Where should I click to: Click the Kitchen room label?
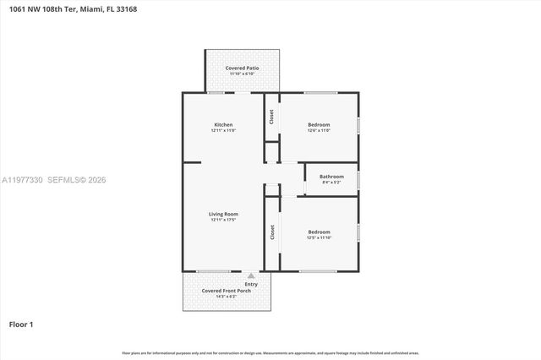pyautogui.click(x=223, y=124)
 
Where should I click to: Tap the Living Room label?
pyautogui.click(x=224, y=214)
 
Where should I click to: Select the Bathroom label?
pyautogui.click(x=331, y=177)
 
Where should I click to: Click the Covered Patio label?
pyautogui.click(x=242, y=68)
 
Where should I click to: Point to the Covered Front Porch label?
pyautogui.click(x=220, y=291)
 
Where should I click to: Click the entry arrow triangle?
pyautogui.click(x=251, y=275)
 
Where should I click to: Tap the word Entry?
pyautogui.click(x=251, y=284)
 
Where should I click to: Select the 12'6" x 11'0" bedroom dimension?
pyautogui.click(x=319, y=130)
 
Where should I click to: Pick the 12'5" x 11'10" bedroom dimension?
pyautogui.click(x=319, y=237)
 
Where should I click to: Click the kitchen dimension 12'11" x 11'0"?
pyautogui.click(x=223, y=130)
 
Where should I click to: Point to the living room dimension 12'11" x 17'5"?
pyautogui.click(x=224, y=220)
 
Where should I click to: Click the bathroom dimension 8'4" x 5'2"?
pyautogui.click(x=331, y=183)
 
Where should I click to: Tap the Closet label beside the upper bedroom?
pyautogui.click(x=271, y=117)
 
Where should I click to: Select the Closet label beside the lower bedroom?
pyautogui.click(x=272, y=232)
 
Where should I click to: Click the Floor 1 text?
pyautogui.click(x=21, y=324)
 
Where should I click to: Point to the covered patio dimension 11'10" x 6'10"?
pyautogui.click(x=242, y=74)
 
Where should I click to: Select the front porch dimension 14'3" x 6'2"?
pyautogui.click(x=220, y=297)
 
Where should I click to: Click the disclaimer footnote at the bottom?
pyautogui.click(x=270, y=352)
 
